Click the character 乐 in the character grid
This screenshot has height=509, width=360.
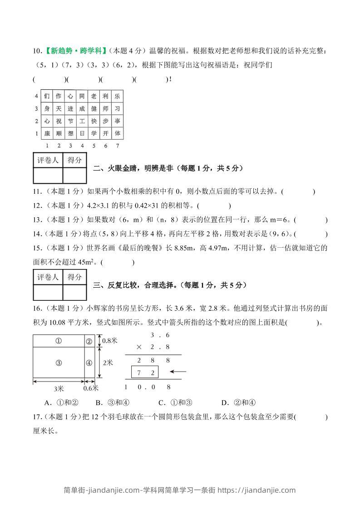coord(118,96)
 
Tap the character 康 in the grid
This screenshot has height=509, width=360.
coord(47,133)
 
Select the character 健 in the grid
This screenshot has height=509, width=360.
coord(94,109)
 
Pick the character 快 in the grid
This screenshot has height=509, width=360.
coord(94,121)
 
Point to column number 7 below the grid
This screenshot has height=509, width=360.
coord(118,146)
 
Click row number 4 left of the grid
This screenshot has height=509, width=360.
coord(36,96)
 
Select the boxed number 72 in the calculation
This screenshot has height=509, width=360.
coord(144,372)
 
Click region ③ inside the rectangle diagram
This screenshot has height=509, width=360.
coord(59,362)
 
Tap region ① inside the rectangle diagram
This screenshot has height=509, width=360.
coord(59,341)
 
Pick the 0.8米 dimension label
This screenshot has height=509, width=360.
coord(109,340)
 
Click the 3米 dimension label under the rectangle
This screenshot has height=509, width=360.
coord(59,389)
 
